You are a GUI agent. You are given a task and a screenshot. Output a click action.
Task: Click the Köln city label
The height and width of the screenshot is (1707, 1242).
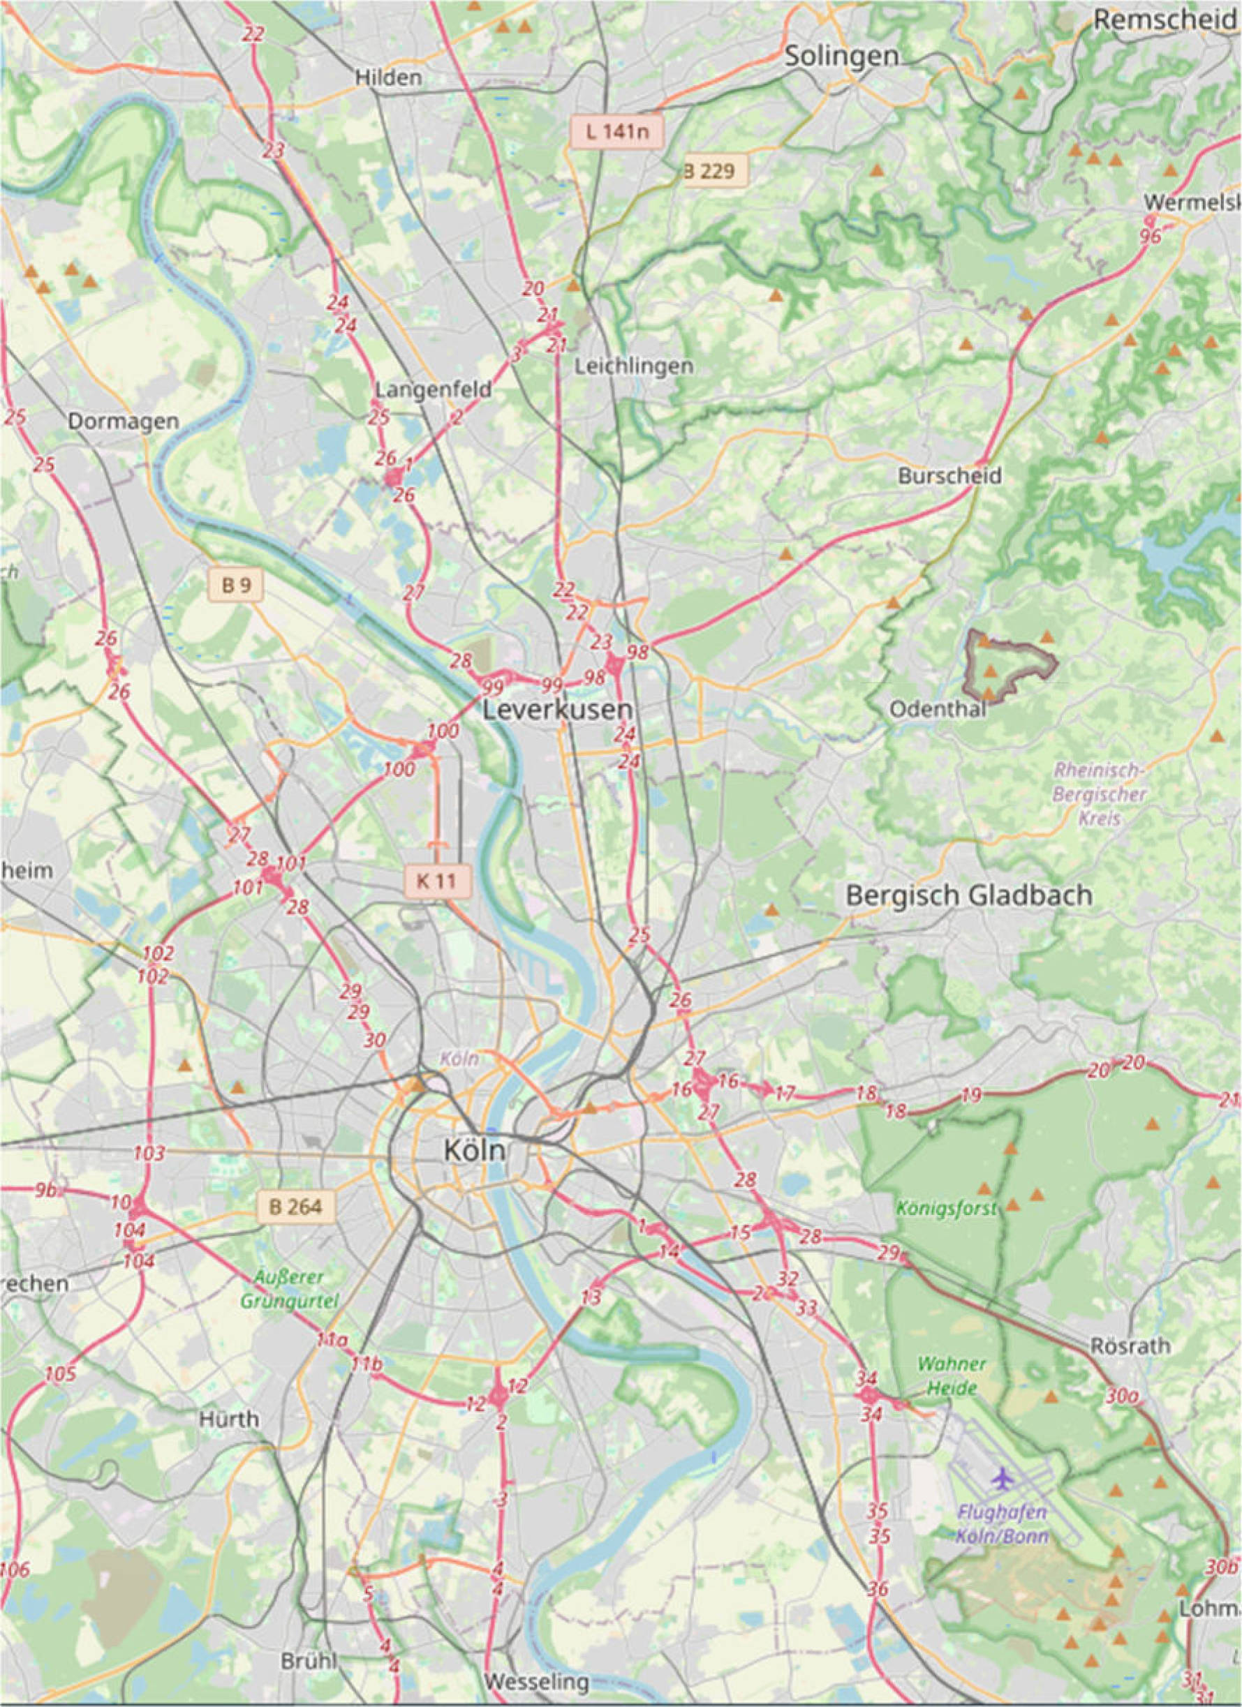pyautogui.click(x=473, y=1150)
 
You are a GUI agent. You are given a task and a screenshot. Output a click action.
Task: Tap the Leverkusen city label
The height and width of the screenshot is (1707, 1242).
pyautogui.click(x=557, y=710)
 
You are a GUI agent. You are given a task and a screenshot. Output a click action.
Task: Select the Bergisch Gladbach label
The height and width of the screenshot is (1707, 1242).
pyautogui.click(x=969, y=895)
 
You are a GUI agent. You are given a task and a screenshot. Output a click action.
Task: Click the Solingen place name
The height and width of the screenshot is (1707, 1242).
pyautogui.click(x=841, y=57)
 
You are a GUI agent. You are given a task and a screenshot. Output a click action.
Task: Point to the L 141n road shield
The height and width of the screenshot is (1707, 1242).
pyautogui.click(x=616, y=133)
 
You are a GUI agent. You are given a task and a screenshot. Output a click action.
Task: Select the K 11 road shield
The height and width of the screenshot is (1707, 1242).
pyautogui.click(x=436, y=881)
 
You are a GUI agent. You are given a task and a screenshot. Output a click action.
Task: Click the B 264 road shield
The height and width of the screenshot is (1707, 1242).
pyautogui.click(x=295, y=1207)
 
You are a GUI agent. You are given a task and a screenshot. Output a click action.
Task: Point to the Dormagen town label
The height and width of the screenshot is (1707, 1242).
pyautogui.click(x=124, y=422)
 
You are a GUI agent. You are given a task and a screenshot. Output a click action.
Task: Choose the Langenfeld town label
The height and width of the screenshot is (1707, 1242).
pyautogui.click(x=433, y=390)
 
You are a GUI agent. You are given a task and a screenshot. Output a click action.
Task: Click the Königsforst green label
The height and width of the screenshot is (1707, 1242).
pyautogui.click(x=946, y=1209)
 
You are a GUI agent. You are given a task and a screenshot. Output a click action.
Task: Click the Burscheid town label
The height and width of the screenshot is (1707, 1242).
pyautogui.click(x=949, y=476)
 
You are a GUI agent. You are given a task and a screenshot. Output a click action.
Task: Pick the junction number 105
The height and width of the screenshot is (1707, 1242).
pyautogui.click(x=60, y=1374)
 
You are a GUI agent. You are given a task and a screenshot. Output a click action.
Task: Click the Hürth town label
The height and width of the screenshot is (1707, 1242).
pyautogui.click(x=229, y=1419)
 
